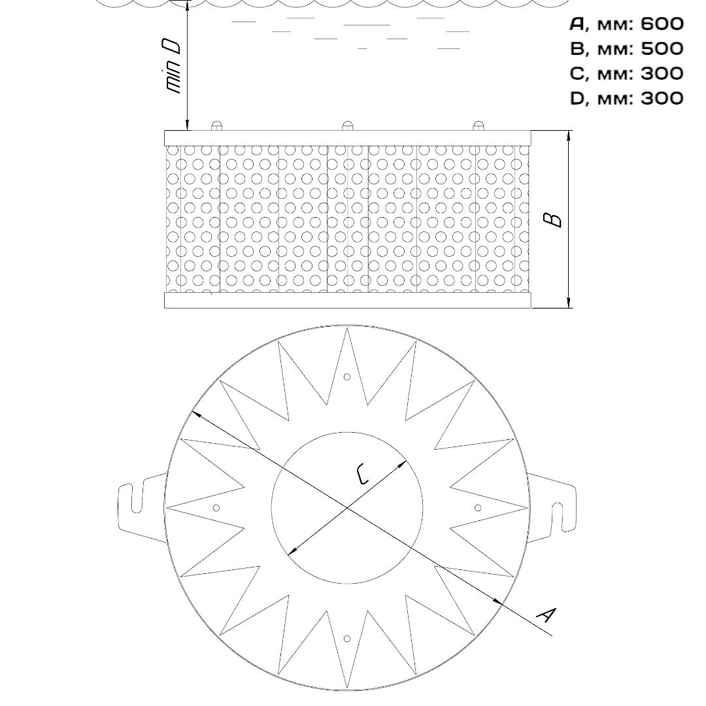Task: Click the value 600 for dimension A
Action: [662, 24]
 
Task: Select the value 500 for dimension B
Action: [662, 48]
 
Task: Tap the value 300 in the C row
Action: [662, 73]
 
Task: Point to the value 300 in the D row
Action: [662, 97]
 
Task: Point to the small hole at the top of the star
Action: [346, 377]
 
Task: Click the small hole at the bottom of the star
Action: [346, 639]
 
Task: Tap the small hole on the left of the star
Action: [216, 508]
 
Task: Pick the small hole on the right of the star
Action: [478, 508]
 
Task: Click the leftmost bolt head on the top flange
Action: [216, 126]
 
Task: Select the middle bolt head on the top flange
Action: [347, 126]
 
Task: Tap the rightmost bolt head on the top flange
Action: [478, 126]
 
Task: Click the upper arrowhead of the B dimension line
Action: [569, 135]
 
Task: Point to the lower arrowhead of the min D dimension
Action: [188, 125]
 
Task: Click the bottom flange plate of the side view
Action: [348, 300]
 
